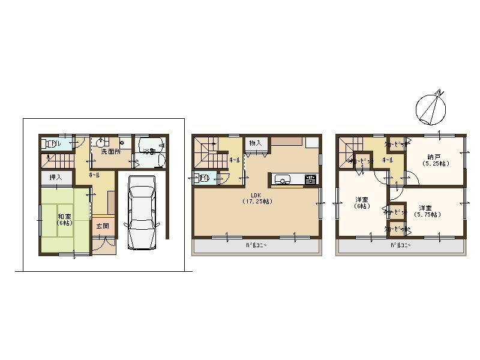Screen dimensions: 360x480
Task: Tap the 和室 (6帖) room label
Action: pos(64,219)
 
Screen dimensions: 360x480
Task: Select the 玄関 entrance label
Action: pos(102,226)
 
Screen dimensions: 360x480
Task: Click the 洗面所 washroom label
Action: pos(110,152)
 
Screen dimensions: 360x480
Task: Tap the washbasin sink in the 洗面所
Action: pos(101,142)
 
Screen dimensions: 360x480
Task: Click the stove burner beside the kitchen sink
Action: pos(310,178)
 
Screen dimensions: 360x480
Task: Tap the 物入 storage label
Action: pos(255,143)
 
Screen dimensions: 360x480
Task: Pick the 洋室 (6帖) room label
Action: pos(362,203)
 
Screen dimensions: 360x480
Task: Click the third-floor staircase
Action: pos(349,150)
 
